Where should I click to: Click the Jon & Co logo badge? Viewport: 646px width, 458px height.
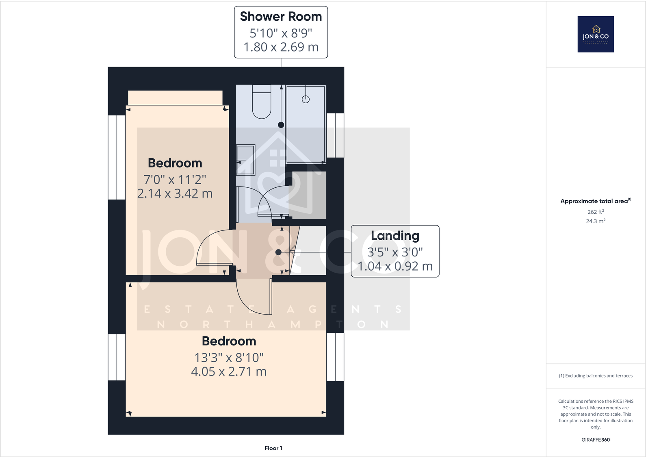pyautogui.click(x=596, y=34)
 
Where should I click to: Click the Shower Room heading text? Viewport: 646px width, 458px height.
pyautogui.click(x=281, y=17)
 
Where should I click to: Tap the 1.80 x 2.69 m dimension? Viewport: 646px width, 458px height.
pyautogui.click(x=281, y=47)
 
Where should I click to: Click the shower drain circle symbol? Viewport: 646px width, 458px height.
pyautogui.click(x=306, y=99)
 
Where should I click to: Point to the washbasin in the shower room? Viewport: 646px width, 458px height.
pyautogui.click(x=246, y=159)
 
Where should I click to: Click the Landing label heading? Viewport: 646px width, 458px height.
pyautogui.click(x=395, y=236)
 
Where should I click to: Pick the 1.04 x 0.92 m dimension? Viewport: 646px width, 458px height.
pyautogui.click(x=395, y=266)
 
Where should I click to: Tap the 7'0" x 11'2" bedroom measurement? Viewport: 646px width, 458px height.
pyautogui.click(x=175, y=179)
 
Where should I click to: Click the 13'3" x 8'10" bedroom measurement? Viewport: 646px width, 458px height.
pyautogui.click(x=229, y=358)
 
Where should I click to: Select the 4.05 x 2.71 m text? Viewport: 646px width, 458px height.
pyautogui.click(x=229, y=371)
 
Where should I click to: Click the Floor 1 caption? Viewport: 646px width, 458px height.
pyautogui.click(x=273, y=448)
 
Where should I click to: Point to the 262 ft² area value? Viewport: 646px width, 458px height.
pyautogui.click(x=595, y=212)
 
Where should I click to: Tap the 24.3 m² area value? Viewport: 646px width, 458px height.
pyautogui.click(x=595, y=221)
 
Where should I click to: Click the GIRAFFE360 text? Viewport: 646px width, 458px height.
pyautogui.click(x=595, y=440)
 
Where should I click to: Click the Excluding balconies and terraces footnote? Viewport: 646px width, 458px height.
pyautogui.click(x=595, y=376)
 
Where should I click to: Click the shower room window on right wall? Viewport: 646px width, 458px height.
pyautogui.click(x=335, y=135)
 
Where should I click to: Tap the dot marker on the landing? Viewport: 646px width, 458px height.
pyautogui.click(x=278, y=252)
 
